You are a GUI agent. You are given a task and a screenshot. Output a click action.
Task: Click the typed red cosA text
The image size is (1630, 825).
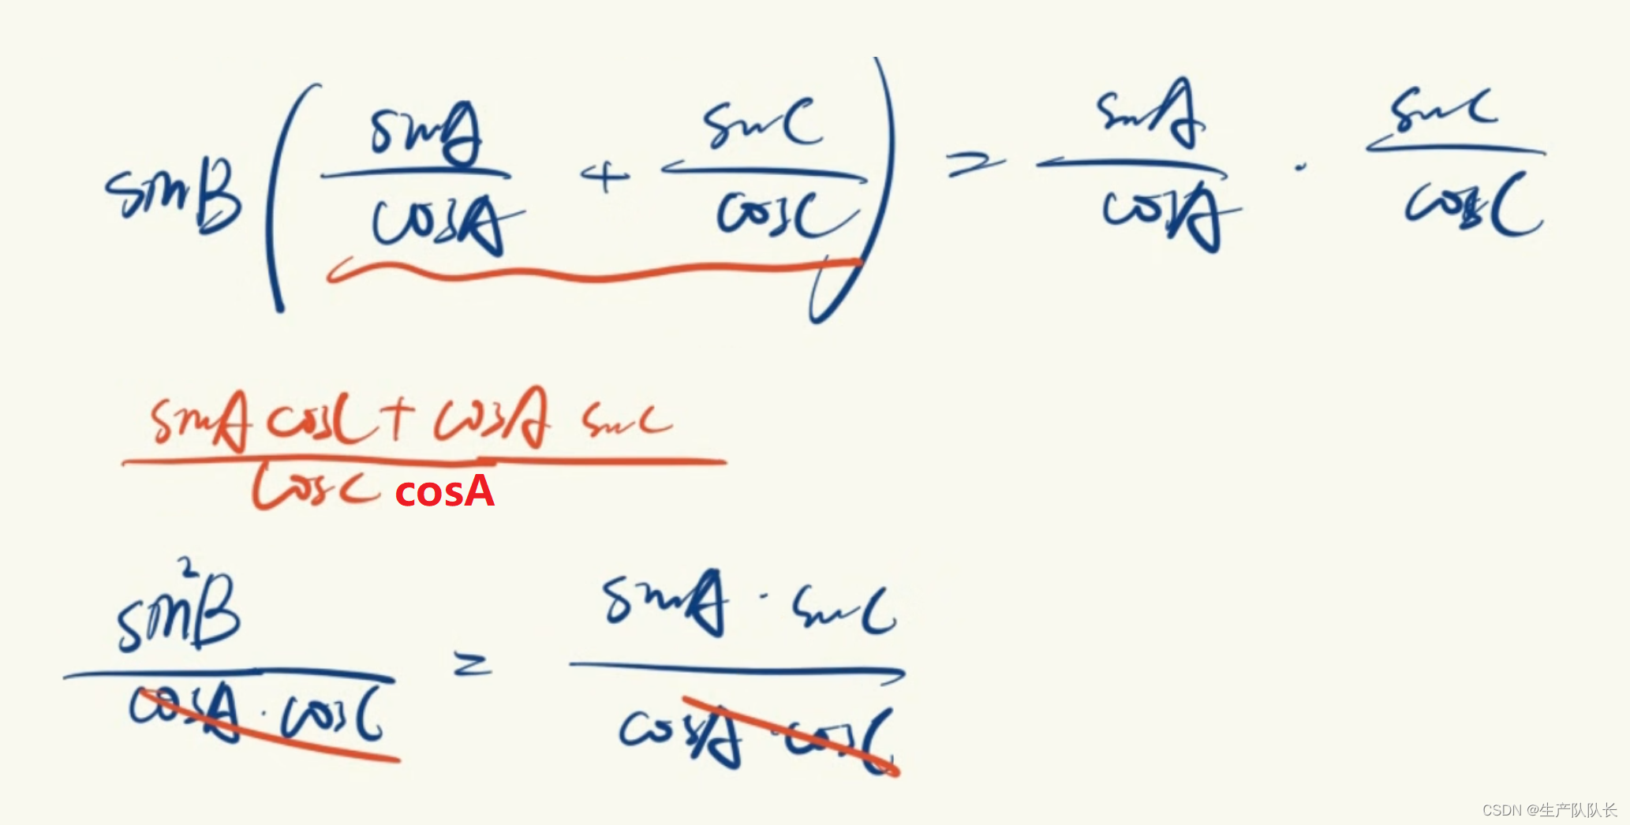point(444,492)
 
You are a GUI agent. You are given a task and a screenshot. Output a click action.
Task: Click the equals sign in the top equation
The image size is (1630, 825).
point(975,165)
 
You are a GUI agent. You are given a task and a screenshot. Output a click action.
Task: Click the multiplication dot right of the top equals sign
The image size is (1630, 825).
point(1299,167)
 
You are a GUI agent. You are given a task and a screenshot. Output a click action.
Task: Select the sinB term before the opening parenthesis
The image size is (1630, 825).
point(174,193)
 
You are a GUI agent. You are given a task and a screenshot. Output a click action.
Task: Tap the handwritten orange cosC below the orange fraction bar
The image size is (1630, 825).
point(316,487)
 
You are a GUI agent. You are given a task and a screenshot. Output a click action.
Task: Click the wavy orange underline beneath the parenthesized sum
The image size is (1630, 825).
point(592,273)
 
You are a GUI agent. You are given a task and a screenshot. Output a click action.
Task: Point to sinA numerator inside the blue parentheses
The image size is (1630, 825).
point(426,134)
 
